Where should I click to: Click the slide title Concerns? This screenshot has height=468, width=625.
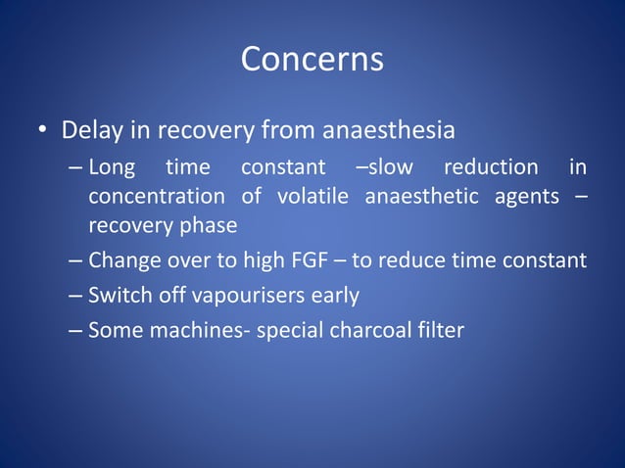click(312, 59)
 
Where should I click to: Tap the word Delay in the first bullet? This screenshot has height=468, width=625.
click(89, 129)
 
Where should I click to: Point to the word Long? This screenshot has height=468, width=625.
click(113, 166)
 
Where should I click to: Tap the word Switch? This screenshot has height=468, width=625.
click(117, 295)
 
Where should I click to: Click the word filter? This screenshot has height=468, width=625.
click(439, 329)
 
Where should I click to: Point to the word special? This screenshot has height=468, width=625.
click(286, 330)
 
